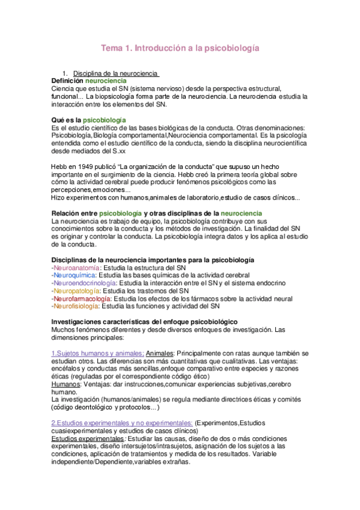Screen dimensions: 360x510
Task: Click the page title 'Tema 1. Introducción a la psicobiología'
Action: coord(180,47)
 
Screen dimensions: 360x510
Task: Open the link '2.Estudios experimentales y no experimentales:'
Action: coord(122,423)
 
